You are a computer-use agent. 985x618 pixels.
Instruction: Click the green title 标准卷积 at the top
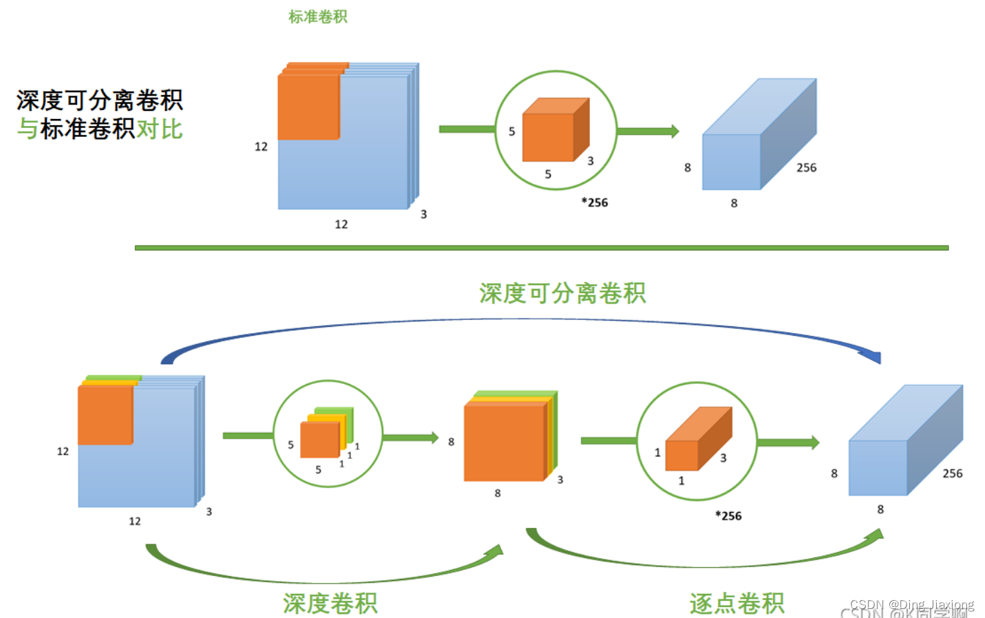tap(317, 17)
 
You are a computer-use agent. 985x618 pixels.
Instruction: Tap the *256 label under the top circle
tap(594, 202)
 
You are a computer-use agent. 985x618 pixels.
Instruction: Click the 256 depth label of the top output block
tap(806, 167)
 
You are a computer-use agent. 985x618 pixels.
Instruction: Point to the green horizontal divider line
tap(541, 248)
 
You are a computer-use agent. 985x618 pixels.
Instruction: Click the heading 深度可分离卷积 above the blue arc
tap(562, 293)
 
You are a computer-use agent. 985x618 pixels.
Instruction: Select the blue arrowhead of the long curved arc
tap(871, 356)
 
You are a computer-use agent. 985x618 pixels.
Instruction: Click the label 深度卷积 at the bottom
tap(330, 603)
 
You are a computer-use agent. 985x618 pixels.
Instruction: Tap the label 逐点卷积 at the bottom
tap(737, 603)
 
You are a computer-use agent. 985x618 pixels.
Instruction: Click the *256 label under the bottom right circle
tap(728, 515)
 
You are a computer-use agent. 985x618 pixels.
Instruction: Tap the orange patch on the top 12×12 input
tap(309, 105)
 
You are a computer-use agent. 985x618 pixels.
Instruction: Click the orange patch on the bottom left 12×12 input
tap(105, 414)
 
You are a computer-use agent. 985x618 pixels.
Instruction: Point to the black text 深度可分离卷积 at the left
tap(100, 100)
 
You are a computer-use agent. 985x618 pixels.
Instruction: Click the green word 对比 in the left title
tap(159, 129)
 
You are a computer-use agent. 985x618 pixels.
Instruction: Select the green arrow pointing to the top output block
tap(647, 131)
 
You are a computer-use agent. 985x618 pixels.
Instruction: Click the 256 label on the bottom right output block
tap(952, 473)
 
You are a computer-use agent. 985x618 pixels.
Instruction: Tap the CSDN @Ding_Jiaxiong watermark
tap(911, 604)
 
